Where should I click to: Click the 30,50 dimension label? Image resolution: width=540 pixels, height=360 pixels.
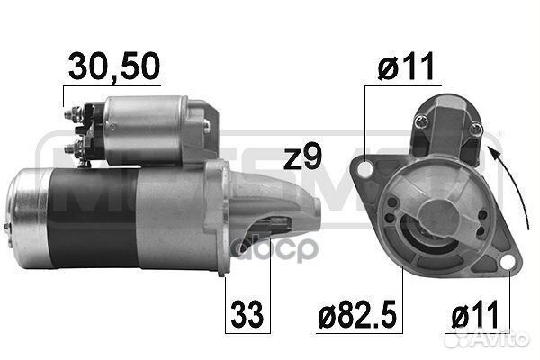coord(114,67)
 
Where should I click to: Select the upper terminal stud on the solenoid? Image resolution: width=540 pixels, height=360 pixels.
coord(74,114)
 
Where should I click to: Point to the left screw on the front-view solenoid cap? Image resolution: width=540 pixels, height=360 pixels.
coord(423,120)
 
